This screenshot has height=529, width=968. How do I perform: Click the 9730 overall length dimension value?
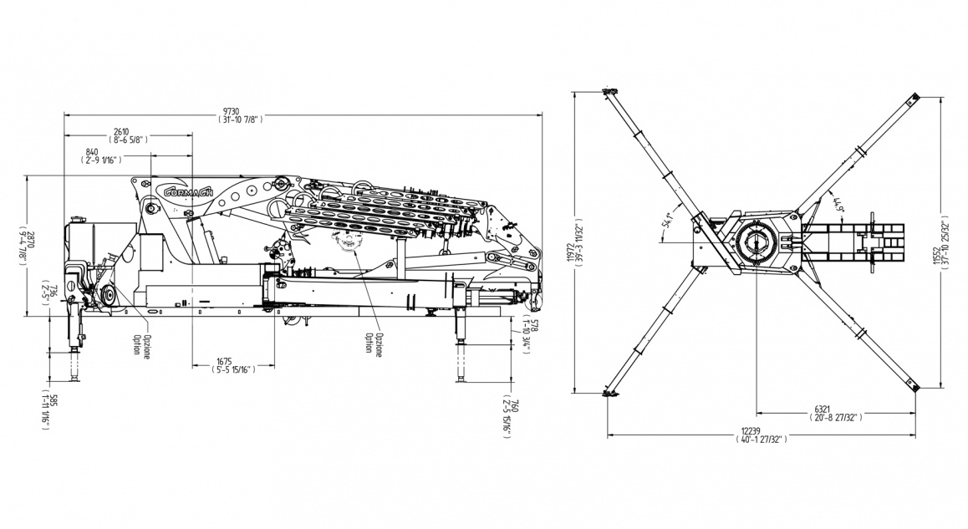coord(230,111)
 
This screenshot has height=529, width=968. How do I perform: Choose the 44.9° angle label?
coord(834,201)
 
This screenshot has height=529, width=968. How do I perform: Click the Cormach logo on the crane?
coord(186,191)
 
